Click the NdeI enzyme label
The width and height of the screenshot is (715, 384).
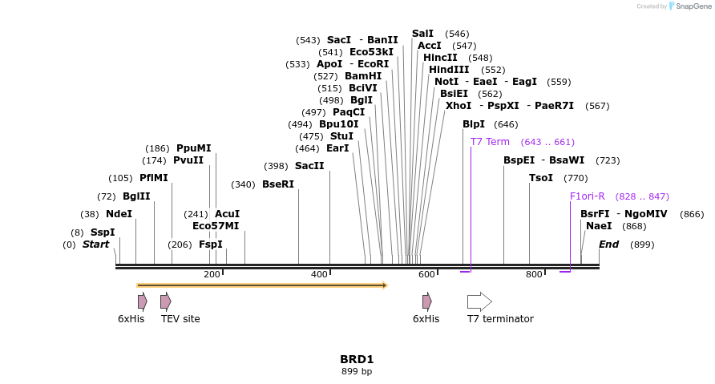(x=119, y=214)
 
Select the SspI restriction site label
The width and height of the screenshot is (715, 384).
(x=103, y=232)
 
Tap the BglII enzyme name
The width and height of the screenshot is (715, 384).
(x=136, y=196)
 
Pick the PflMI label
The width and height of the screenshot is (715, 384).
(x=154, y=178)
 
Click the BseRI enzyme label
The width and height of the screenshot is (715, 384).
(x=278, y=184)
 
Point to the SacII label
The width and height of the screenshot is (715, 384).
(x=309, y=166)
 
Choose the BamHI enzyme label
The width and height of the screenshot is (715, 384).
(x=363, y=76)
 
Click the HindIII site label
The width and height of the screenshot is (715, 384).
(x=449, y=70)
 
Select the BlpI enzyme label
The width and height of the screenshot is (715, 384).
(x=474, y=124)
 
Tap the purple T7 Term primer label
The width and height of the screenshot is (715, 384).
(x=490, y=142)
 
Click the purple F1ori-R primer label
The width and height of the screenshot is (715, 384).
(x=588, y=196)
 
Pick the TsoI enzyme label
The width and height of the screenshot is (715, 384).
(x=541, y=178)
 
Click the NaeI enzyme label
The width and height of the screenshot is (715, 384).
(x=599, y=226)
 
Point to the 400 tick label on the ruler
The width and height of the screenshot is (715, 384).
(x=319, y=275)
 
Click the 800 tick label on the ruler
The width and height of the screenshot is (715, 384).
(x=534, y=275)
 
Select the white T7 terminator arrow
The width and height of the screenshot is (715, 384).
(x=479, y=301)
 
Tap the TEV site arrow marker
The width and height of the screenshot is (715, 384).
(x=165, y=301)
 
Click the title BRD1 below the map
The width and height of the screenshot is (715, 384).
(x=357, y=359)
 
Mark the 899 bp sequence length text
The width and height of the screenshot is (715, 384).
(x=357, y=371)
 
